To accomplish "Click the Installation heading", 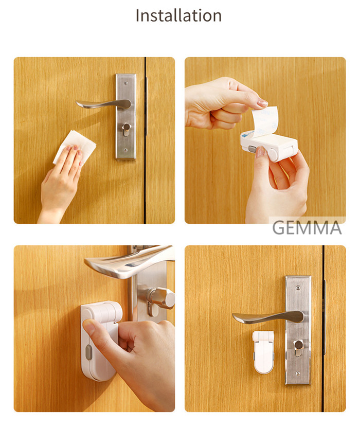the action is tap(178, 15).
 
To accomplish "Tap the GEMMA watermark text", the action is tap(307, 228).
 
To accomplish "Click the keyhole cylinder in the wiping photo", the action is tap(126, 130).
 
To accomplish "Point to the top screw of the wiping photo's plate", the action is tap(125, 82).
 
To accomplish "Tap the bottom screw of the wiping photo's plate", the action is tap(125, 150).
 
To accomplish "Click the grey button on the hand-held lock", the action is tap(253, 149).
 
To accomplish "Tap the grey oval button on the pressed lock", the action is tap(88, 352).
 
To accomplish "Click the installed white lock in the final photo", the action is tap(263, 352).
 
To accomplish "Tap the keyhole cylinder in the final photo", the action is tap(299, 347).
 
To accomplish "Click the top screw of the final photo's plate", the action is tap(298, 288).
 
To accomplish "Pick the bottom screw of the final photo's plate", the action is tap(298, 373).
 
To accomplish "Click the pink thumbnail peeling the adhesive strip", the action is tap(263, 103).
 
